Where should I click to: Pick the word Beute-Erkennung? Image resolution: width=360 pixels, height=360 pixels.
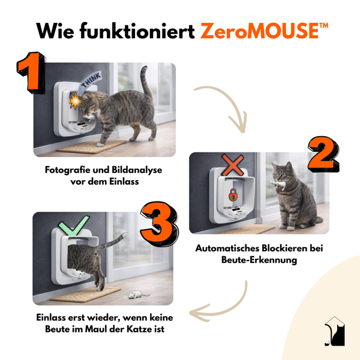[259, 260]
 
